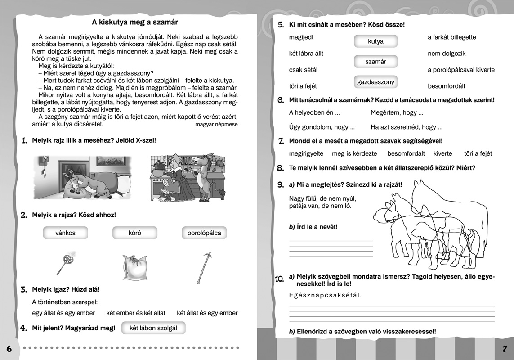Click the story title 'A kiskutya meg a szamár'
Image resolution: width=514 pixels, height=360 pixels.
pyautogui.click(x=135, y=22)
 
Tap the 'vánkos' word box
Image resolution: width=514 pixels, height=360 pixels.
pyautogui.click(x=65, y=233)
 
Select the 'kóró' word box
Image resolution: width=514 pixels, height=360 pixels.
pyautogui.click(x=134, y=233)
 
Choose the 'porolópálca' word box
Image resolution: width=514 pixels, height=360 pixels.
pyautogui.click(x=204, y=233)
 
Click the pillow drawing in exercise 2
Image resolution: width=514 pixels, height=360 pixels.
pyautogui.click(x=134, y=268)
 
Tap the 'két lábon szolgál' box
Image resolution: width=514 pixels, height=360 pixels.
pyautogui.click(x=153, y=328)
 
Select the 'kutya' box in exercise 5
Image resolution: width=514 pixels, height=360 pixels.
pyautogui.click(x=375, y=41)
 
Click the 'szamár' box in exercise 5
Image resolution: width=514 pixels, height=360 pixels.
pyautogui.click(x=375, y=62)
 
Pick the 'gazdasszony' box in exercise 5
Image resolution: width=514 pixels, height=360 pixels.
pyautogui.click(x=375, y=82)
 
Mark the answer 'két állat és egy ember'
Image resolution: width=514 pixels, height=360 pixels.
pyautogui.click(x=207, y=313)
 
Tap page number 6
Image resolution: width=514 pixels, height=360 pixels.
pyautogui.click(x=9, y=349)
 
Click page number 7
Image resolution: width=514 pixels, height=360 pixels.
pyautogui.click(x=505, y=349)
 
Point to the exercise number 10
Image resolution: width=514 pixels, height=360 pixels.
pyautogui.click(x=279, y=279)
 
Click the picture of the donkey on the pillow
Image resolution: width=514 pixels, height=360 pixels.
pyautogui.click(x=83, y=177)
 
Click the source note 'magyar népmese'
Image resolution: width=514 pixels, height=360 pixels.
pyautogui.click(x=217, y=124)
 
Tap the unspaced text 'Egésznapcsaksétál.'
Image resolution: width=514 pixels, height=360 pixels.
pyautogui.click(x=325, y=295)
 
